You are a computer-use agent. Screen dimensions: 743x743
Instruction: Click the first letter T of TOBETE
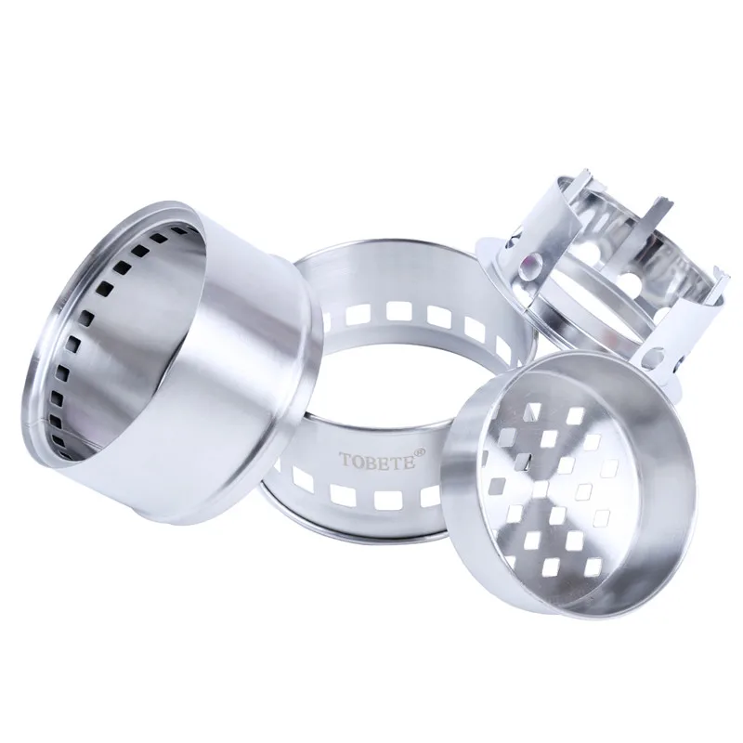pos(345,459)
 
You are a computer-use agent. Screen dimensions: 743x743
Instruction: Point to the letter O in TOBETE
pos(358,460)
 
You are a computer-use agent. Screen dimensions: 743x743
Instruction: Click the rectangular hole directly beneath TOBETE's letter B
pos(386,501)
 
